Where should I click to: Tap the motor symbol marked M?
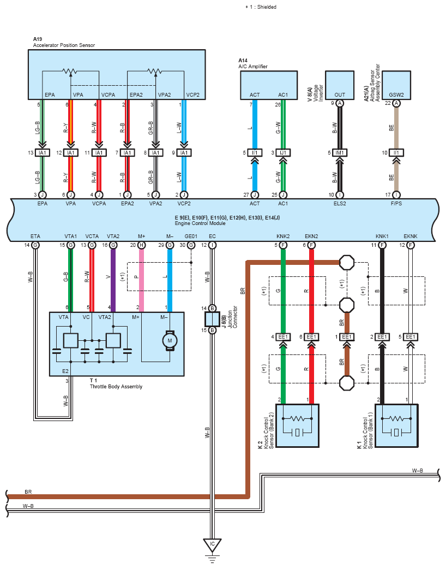point(170,340)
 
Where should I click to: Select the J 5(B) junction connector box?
point(212,319)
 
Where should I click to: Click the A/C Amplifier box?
point(269,85)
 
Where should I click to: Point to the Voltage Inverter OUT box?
point(340,85)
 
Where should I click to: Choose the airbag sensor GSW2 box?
point(396,85)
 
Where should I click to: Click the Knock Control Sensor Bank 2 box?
point(297,425)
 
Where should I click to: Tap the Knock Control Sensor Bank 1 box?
point(396,425)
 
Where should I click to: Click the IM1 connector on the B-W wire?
point(340,153)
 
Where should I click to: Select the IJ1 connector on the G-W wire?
point(283,153)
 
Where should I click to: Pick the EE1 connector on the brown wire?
point(347,337)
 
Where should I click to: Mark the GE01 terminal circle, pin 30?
point(191,245)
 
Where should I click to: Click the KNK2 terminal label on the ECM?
point(283,236)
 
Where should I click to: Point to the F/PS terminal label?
point(396,204)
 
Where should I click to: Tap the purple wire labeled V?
point(113,280)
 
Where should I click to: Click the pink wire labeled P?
point(141,280)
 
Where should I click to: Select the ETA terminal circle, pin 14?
point(35,245)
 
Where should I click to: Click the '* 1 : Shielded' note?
point(261,7)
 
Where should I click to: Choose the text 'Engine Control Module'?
point(200,223)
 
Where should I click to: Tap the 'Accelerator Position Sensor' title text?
point(64,45)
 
